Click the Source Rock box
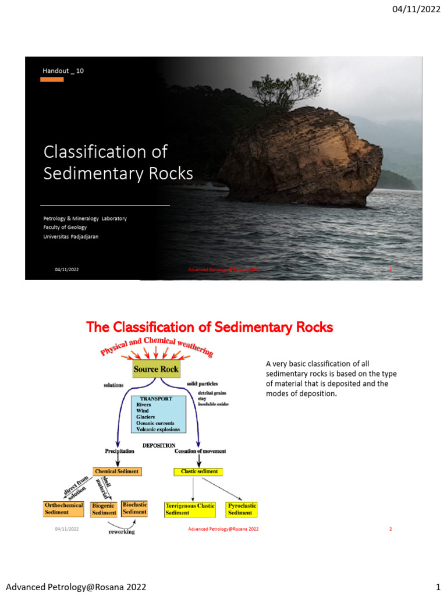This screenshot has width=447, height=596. (156, 369)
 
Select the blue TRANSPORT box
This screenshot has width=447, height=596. (158, 414)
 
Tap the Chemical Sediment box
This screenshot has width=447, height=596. (117, 471)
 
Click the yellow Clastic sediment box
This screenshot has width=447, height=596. (199, 471)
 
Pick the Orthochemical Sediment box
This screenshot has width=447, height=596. (64, 509)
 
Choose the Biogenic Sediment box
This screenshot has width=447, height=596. (104, 509)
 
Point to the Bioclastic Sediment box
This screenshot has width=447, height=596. (134, 508)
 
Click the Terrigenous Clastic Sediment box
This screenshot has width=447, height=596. (190, 509)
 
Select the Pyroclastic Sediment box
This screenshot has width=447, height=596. (242, 509)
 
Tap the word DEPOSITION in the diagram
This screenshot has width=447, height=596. (159, 445)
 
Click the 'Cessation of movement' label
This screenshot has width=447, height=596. (200, 452)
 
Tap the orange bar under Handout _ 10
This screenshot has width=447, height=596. (52, 79)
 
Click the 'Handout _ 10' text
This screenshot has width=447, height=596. (63, 70)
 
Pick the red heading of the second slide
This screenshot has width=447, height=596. (210, 328)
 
